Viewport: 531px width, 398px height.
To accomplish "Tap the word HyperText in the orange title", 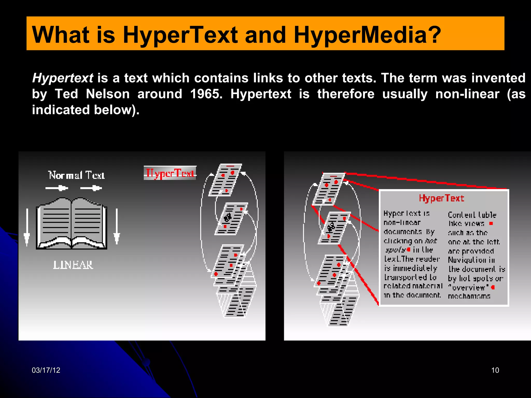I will pyautogui.click(x=180, y=35).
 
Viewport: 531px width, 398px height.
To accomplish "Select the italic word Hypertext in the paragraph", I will pyautogui.click(x=62, y=78).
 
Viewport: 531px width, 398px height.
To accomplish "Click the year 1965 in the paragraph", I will pyautogui.click(x=206, y=94).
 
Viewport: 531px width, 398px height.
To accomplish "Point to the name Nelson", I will pyautogui.click(x=108, y=94).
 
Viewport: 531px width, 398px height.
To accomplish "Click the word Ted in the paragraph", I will pyautogui.click(x=66, y=94).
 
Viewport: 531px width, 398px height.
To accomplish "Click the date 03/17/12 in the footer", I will pyautogui.click(x=46, y=370).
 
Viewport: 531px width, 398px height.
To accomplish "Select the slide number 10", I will pyautogui.click(x=495, y=370).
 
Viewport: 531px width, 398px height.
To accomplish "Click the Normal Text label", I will pyautogui.click(x=76, y=175).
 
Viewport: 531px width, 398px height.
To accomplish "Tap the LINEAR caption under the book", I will pyautogui.click(x=73, y=265).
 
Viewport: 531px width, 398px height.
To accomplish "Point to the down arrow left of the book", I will pyautogui.click(x=27, y=227).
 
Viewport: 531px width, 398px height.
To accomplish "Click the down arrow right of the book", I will pyautogui.click(x=117, y=226).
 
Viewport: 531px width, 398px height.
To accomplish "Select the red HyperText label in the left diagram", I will pyautogui.click(x=170, y=173).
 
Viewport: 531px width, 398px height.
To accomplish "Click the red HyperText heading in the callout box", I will pyautogui.click(x=442, y=198).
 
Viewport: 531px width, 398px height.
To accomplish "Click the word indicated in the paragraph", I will pyautogui.click(x=61, y=110).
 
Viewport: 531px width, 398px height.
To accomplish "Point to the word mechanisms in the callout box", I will pyautogui.click(x=469, y=296).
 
